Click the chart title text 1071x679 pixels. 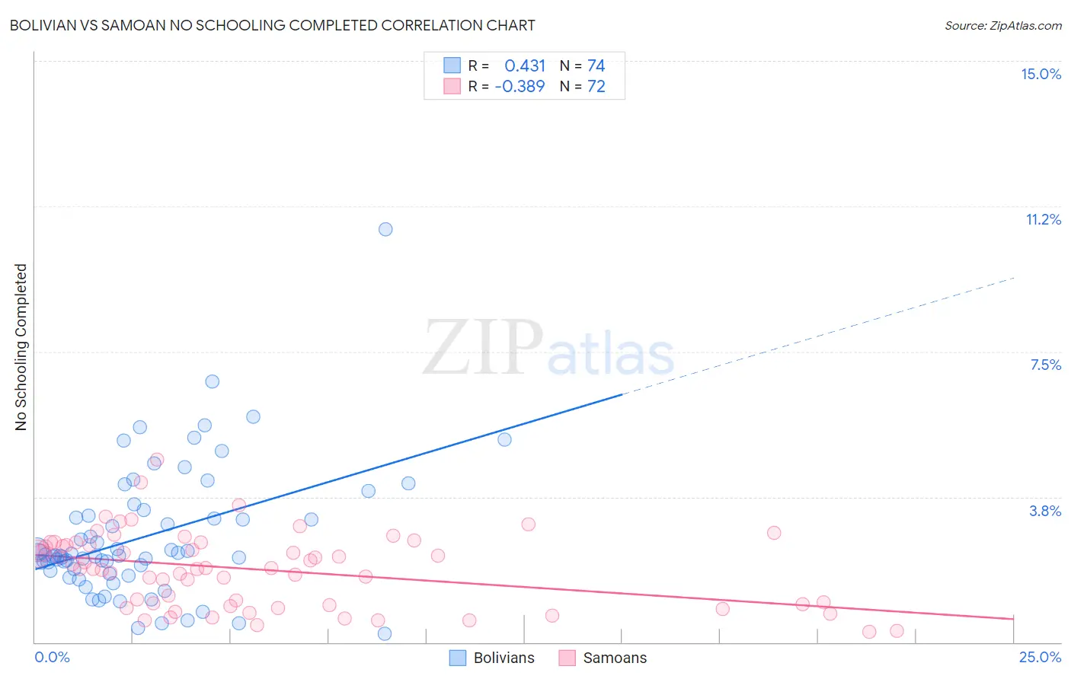click(272, 25)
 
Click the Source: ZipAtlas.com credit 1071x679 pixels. click(1002, 25)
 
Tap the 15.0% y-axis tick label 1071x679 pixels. click(1041, 74)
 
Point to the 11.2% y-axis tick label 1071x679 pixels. click(1043, 219)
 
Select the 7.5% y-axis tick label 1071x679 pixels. click(1045, 365)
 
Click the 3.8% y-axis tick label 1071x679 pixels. click(1045, 511)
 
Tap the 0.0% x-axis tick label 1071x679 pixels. click(52, 657)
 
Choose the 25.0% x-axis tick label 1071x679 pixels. click(1040, 657)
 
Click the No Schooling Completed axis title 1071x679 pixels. click(21, 347)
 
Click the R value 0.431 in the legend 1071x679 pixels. click(525, 65)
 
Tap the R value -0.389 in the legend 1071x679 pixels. click(520, 86)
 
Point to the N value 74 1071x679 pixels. click(596, 65)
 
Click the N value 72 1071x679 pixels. click(596, 86)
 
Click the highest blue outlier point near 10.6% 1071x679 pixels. click(385, 229)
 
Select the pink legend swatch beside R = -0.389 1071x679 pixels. click(452, 86)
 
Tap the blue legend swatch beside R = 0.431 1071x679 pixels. click(452, 65)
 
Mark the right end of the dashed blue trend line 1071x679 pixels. click(1015, 278)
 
